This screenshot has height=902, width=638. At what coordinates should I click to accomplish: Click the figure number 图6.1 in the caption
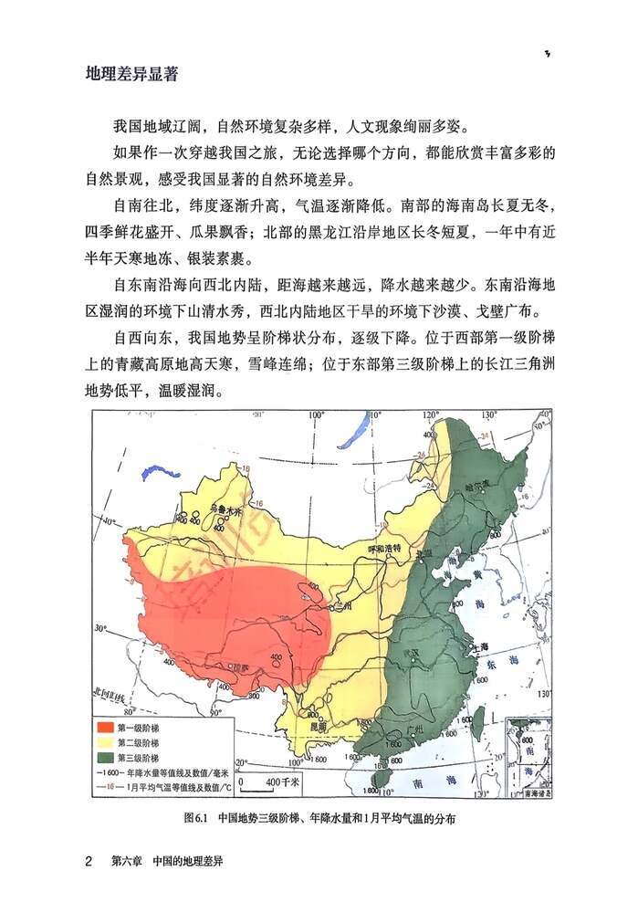pyautogui.click(x=197, y=818)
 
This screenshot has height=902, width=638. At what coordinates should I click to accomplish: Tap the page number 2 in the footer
pyautogui.click(x=89, y=861)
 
